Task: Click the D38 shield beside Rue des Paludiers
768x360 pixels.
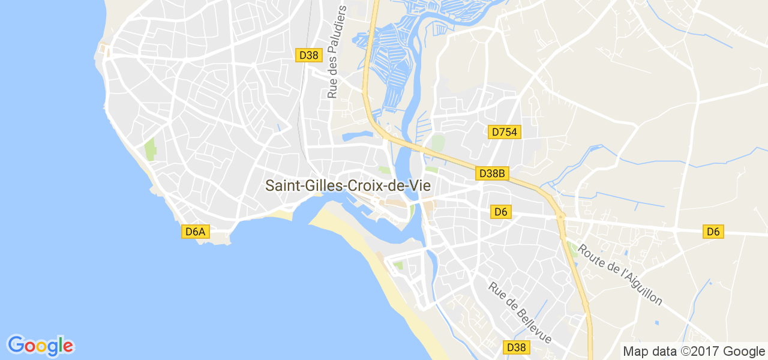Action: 308,55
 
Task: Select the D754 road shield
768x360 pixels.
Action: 503,132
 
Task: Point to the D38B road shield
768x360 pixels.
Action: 493,173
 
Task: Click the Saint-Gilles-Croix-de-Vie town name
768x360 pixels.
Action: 348,186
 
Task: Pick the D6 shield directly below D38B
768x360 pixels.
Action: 501,211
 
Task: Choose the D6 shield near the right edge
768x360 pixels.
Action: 713,231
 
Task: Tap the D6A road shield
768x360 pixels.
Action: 196,232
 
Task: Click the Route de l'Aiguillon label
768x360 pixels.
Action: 620,274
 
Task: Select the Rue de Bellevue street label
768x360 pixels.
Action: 520,313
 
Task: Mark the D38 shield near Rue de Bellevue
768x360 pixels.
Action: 516,347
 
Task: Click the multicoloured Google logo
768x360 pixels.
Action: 41,345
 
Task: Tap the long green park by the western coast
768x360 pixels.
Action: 149,149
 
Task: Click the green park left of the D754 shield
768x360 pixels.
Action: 438,143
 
